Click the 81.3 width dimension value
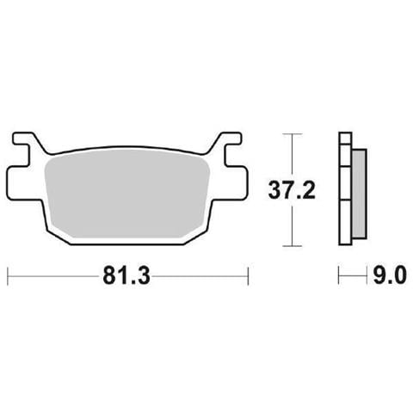[x=126, y=275]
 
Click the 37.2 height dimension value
[x=292, y=190]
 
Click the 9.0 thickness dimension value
[x=390, y=275]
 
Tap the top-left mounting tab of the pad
[x=25, y=139]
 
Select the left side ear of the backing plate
[x=19, y=183]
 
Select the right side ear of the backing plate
[x=236, y=183]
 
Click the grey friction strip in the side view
[x=360, y=194]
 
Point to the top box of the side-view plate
[x=345, y=138]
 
